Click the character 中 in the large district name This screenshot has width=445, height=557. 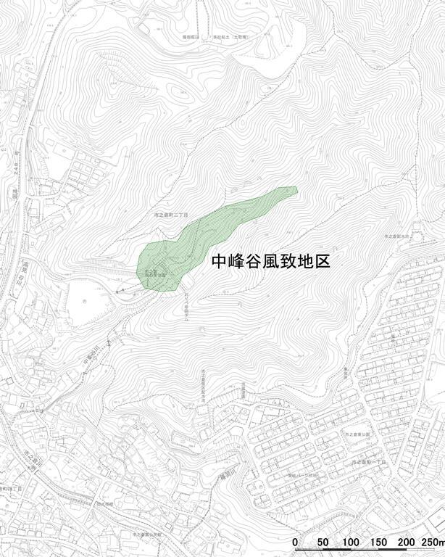(x=219, y=262)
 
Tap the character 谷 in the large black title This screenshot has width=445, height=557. (x=254, y=262)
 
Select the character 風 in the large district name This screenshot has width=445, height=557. (x=271, y=262)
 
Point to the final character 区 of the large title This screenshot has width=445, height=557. (x=323, y=262)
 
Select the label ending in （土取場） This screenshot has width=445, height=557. (x=230, y=36)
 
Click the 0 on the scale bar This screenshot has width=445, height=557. (x=295, y=542)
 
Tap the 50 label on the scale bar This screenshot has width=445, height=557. (x=323, y=542)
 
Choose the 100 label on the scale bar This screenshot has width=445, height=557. (x=351, y=542)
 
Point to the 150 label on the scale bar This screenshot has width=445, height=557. (x=379, y=542)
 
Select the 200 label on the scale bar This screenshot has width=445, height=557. (x=406, y=542)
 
